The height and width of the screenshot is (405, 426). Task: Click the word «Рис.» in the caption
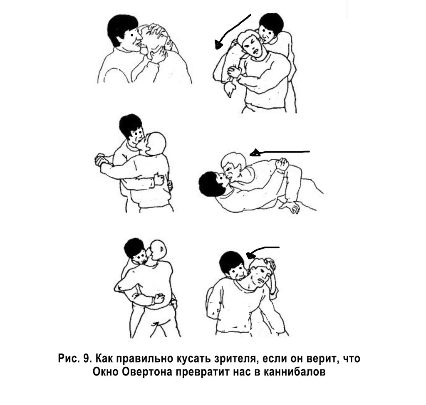click(x=68, y=358)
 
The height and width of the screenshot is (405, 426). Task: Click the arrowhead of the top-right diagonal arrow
click(x=218, y=44)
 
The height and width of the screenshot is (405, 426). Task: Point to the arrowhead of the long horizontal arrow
click(x=255, y=153)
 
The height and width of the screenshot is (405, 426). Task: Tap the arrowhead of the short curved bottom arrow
click(x=250, y=255)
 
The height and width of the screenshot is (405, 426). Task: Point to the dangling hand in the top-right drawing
click(x=230, y=89)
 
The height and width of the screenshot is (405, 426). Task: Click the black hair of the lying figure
click(x=210, y=184)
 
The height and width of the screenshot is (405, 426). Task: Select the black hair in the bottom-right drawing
click(x=232, y=262)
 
